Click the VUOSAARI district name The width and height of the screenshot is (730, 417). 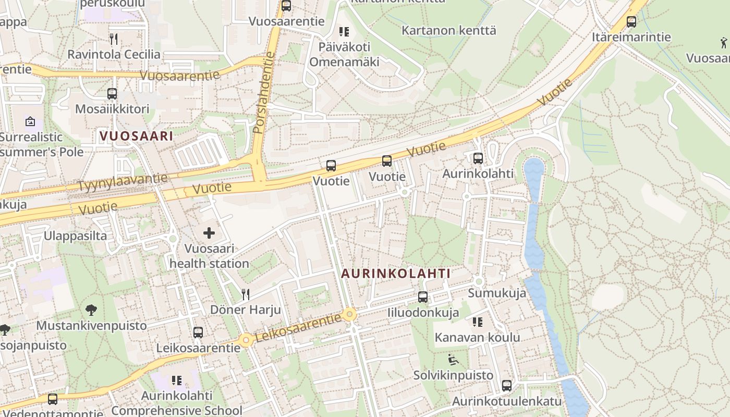tap(136, 136)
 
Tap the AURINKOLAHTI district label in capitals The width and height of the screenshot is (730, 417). tap(396, 273)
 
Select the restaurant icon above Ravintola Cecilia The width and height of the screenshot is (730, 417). tap(114, 39)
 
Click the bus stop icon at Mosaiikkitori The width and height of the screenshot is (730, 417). tap(112, 94)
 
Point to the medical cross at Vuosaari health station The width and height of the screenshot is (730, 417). tap(209, 233)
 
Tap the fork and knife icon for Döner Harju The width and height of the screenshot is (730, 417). tap(246, 295)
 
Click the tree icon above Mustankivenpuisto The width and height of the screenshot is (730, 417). tap(91, 311)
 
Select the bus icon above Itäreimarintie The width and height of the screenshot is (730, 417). tap(631, 22)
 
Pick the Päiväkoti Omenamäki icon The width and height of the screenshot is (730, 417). tap(344, 32)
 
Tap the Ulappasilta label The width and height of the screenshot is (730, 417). tap(75, 236)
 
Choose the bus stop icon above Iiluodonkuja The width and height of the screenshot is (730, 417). tap(423, 297)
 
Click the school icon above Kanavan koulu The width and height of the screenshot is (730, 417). tap(477, 322)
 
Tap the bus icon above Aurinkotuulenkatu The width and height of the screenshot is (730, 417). tap(506, 386)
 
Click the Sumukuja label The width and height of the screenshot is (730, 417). tap(496, 293)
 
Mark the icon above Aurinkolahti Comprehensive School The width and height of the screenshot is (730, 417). tap(176, 381)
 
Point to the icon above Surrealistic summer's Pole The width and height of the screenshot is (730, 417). tap(30, 122)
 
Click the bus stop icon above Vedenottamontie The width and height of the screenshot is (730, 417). tap(53, 399)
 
